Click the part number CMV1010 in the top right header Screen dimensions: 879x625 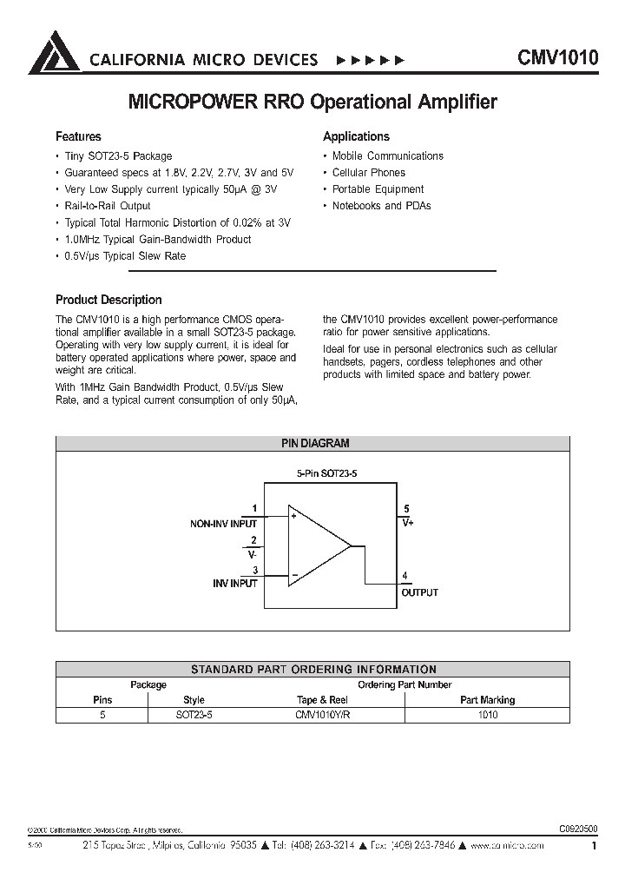coord(557,58)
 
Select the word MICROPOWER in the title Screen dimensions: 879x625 coord(189,102)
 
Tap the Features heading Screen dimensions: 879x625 coord(78,136)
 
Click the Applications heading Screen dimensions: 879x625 coord(356,136)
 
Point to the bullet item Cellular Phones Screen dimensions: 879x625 coord(368,173)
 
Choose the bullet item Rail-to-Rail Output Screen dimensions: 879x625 coord(108,206)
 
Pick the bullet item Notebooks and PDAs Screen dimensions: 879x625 coord(381,206)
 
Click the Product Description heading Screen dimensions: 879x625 coord(109,300)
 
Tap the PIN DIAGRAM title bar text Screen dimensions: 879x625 coord(314,443)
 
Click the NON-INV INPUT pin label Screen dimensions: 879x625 coord(223,524)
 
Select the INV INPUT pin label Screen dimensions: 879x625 coord(235,584)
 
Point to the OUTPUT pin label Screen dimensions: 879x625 coord(419,592)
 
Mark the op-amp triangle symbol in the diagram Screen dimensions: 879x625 coord(318,547)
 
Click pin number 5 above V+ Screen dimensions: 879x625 coord(407,509)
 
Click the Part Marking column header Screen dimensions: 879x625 coord(487,699)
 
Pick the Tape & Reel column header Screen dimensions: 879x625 coord(322,699)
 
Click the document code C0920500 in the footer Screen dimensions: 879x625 coord(574,828)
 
